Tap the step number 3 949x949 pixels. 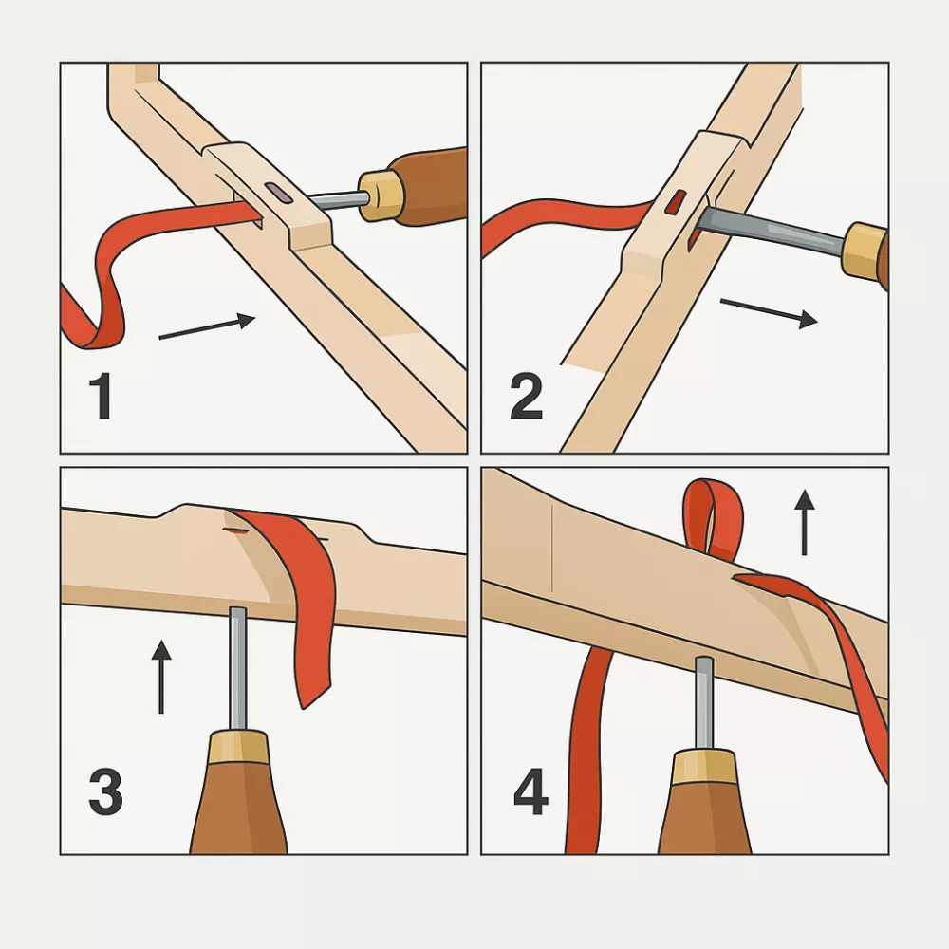coord(105,791)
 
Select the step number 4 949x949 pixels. coord(530,791)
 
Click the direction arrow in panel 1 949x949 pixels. coord(207,326)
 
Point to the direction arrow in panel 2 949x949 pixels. coord(769,310)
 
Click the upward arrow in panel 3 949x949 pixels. coord(161,677)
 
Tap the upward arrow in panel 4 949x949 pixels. coord(805,522)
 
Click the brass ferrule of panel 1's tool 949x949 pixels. coord(381,195)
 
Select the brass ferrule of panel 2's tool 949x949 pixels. coord(865,251)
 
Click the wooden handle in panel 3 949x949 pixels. coord(239,799)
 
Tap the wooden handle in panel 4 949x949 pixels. coord(704,806)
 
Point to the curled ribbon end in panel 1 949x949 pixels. coord(91,315)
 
